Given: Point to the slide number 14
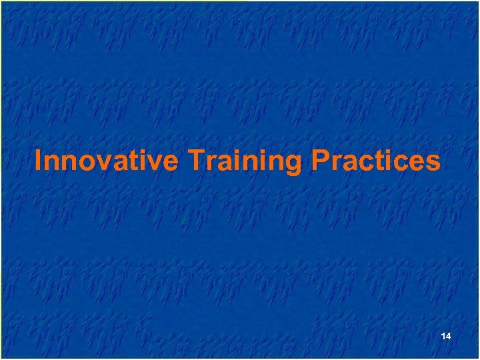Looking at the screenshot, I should (x=446, y=337).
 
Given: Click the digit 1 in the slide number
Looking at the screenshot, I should (x=443, y=337).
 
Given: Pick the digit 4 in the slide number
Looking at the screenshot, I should (x=449, y=337).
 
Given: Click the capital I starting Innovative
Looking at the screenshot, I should (x=38, y=161).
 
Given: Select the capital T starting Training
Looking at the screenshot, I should (x=195, y=161).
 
